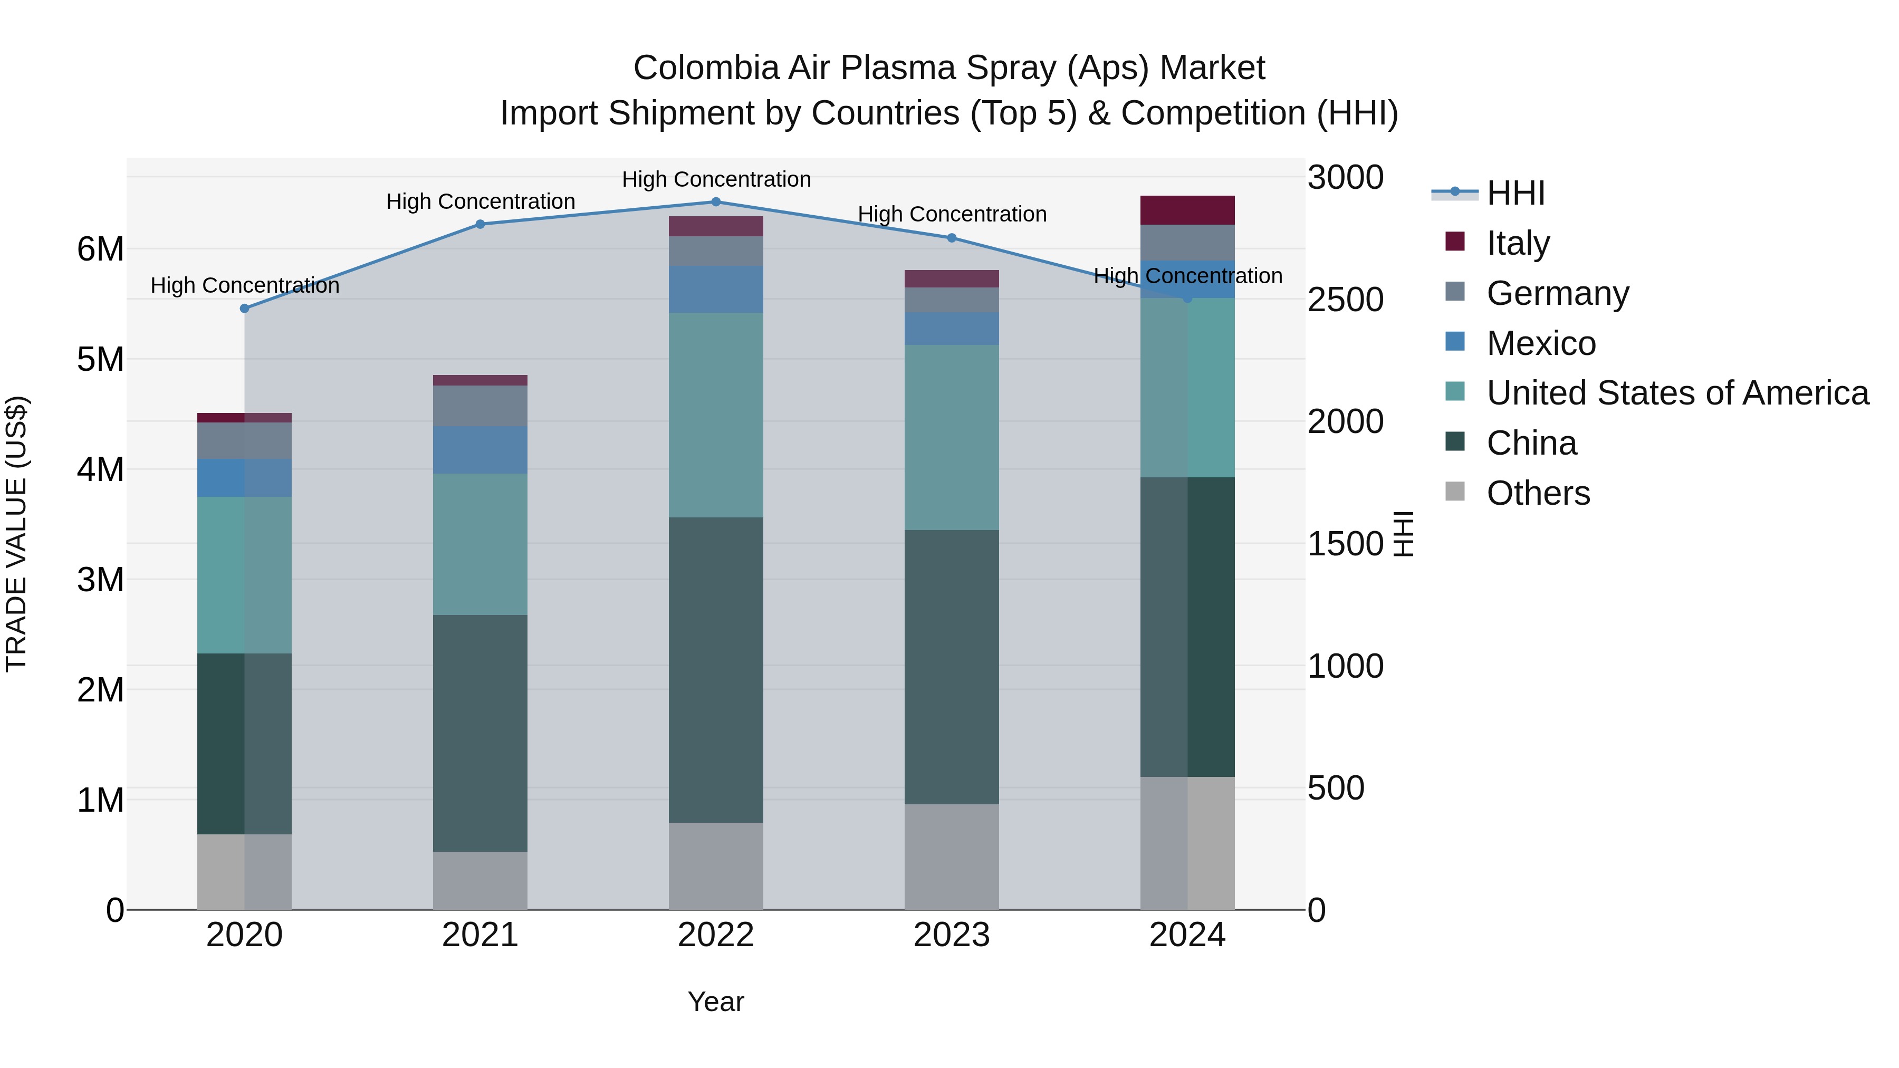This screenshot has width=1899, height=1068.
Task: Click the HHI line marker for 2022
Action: (x=716, y=202)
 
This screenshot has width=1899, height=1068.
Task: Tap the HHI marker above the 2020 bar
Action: (x=245, y=309)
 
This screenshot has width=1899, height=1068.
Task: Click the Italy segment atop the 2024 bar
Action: (x=1187, y=210)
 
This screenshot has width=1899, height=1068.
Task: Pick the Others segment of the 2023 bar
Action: (x=951, y=857)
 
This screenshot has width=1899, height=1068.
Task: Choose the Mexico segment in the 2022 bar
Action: (x=716, y=289)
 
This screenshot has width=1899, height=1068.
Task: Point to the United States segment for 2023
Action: (x=951, y=437)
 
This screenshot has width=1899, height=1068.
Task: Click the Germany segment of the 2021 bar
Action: (x=480, y=406)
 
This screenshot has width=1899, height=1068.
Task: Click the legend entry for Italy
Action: (x=1517, y=243)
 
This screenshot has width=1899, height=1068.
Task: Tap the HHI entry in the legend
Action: (x=1515, y=193)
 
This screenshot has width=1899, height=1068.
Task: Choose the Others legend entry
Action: (x=1537, y=493)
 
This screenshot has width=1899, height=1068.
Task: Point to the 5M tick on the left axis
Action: (x=100, y=360)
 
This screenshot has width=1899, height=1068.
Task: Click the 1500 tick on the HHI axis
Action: (x=1345, y=544)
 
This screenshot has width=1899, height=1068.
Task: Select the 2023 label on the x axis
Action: (x=951, y=935)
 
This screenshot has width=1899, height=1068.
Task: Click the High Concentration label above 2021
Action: (x=481, y=201)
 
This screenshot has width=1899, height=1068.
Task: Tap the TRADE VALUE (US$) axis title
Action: (x=16, y=534)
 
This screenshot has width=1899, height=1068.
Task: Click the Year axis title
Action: (x=715, y=1002)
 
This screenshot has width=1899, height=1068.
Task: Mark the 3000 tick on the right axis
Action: (x=1345, y=178)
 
